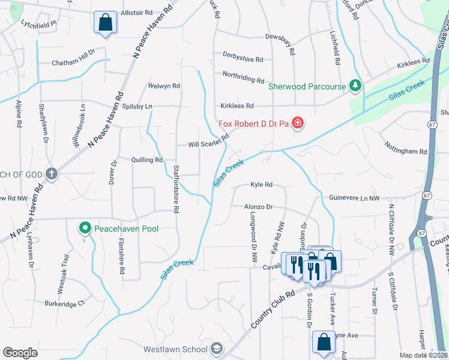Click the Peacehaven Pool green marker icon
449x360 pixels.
click(85, 228)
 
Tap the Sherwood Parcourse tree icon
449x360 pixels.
click(355, 86)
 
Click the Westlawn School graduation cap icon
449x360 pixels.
click(216, 349)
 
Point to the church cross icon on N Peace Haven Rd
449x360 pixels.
click(52, 174)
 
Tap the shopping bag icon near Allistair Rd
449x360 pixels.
click(105, 23)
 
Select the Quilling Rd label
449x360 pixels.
click(147, 160)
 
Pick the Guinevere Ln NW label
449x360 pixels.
click(354, 198)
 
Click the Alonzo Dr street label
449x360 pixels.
click(258, 206)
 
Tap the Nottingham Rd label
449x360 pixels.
click(407, 152)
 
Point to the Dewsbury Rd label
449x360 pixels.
click(280, 37)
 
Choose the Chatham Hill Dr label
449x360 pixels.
click(73, 62)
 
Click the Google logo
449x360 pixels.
click(20, 353)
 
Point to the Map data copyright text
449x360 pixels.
click(424, 355)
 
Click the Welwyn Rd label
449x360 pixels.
click(164, 86)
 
